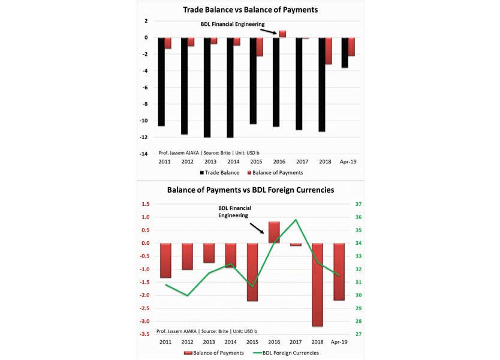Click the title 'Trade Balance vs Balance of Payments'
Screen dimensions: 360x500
click(x=249, y=9)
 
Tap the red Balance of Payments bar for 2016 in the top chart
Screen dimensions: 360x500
click(x=282, y=34)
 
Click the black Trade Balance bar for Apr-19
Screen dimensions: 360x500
click(x=345, y=52)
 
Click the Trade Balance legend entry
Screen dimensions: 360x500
click(x=218, y=173)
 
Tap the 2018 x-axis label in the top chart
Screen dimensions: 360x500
click(x=325, y=162)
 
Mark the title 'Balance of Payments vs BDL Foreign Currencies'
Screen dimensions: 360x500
click(x=249, y=190)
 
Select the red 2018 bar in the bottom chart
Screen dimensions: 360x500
click(x=317, y=284)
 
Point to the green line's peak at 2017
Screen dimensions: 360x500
click(x=296, y=220)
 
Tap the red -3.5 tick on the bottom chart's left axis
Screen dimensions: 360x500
click(x=146, y=334)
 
